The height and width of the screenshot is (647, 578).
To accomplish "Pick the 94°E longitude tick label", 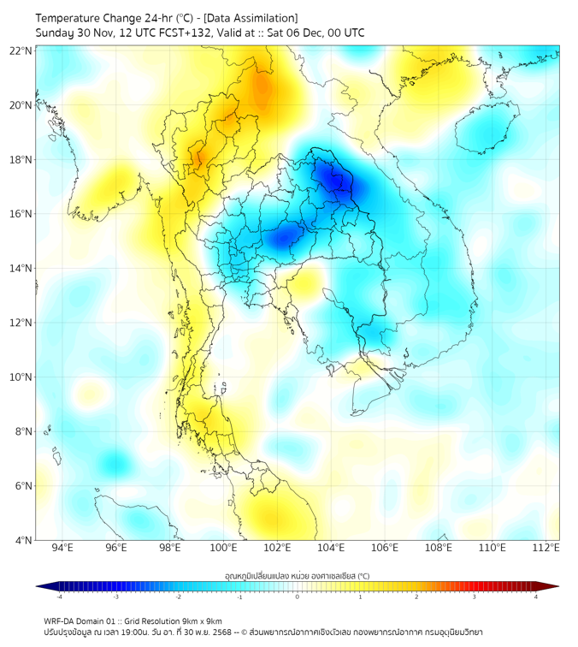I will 62,548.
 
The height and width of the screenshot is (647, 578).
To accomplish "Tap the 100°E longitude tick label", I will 223,548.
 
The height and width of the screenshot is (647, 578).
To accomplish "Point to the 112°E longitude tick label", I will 546,548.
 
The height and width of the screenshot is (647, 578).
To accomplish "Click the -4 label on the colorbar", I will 58,597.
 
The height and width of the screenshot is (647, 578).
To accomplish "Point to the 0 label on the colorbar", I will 298,597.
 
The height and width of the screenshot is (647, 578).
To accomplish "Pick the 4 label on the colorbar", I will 536,597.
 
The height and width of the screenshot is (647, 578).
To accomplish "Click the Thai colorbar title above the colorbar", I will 297,576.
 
